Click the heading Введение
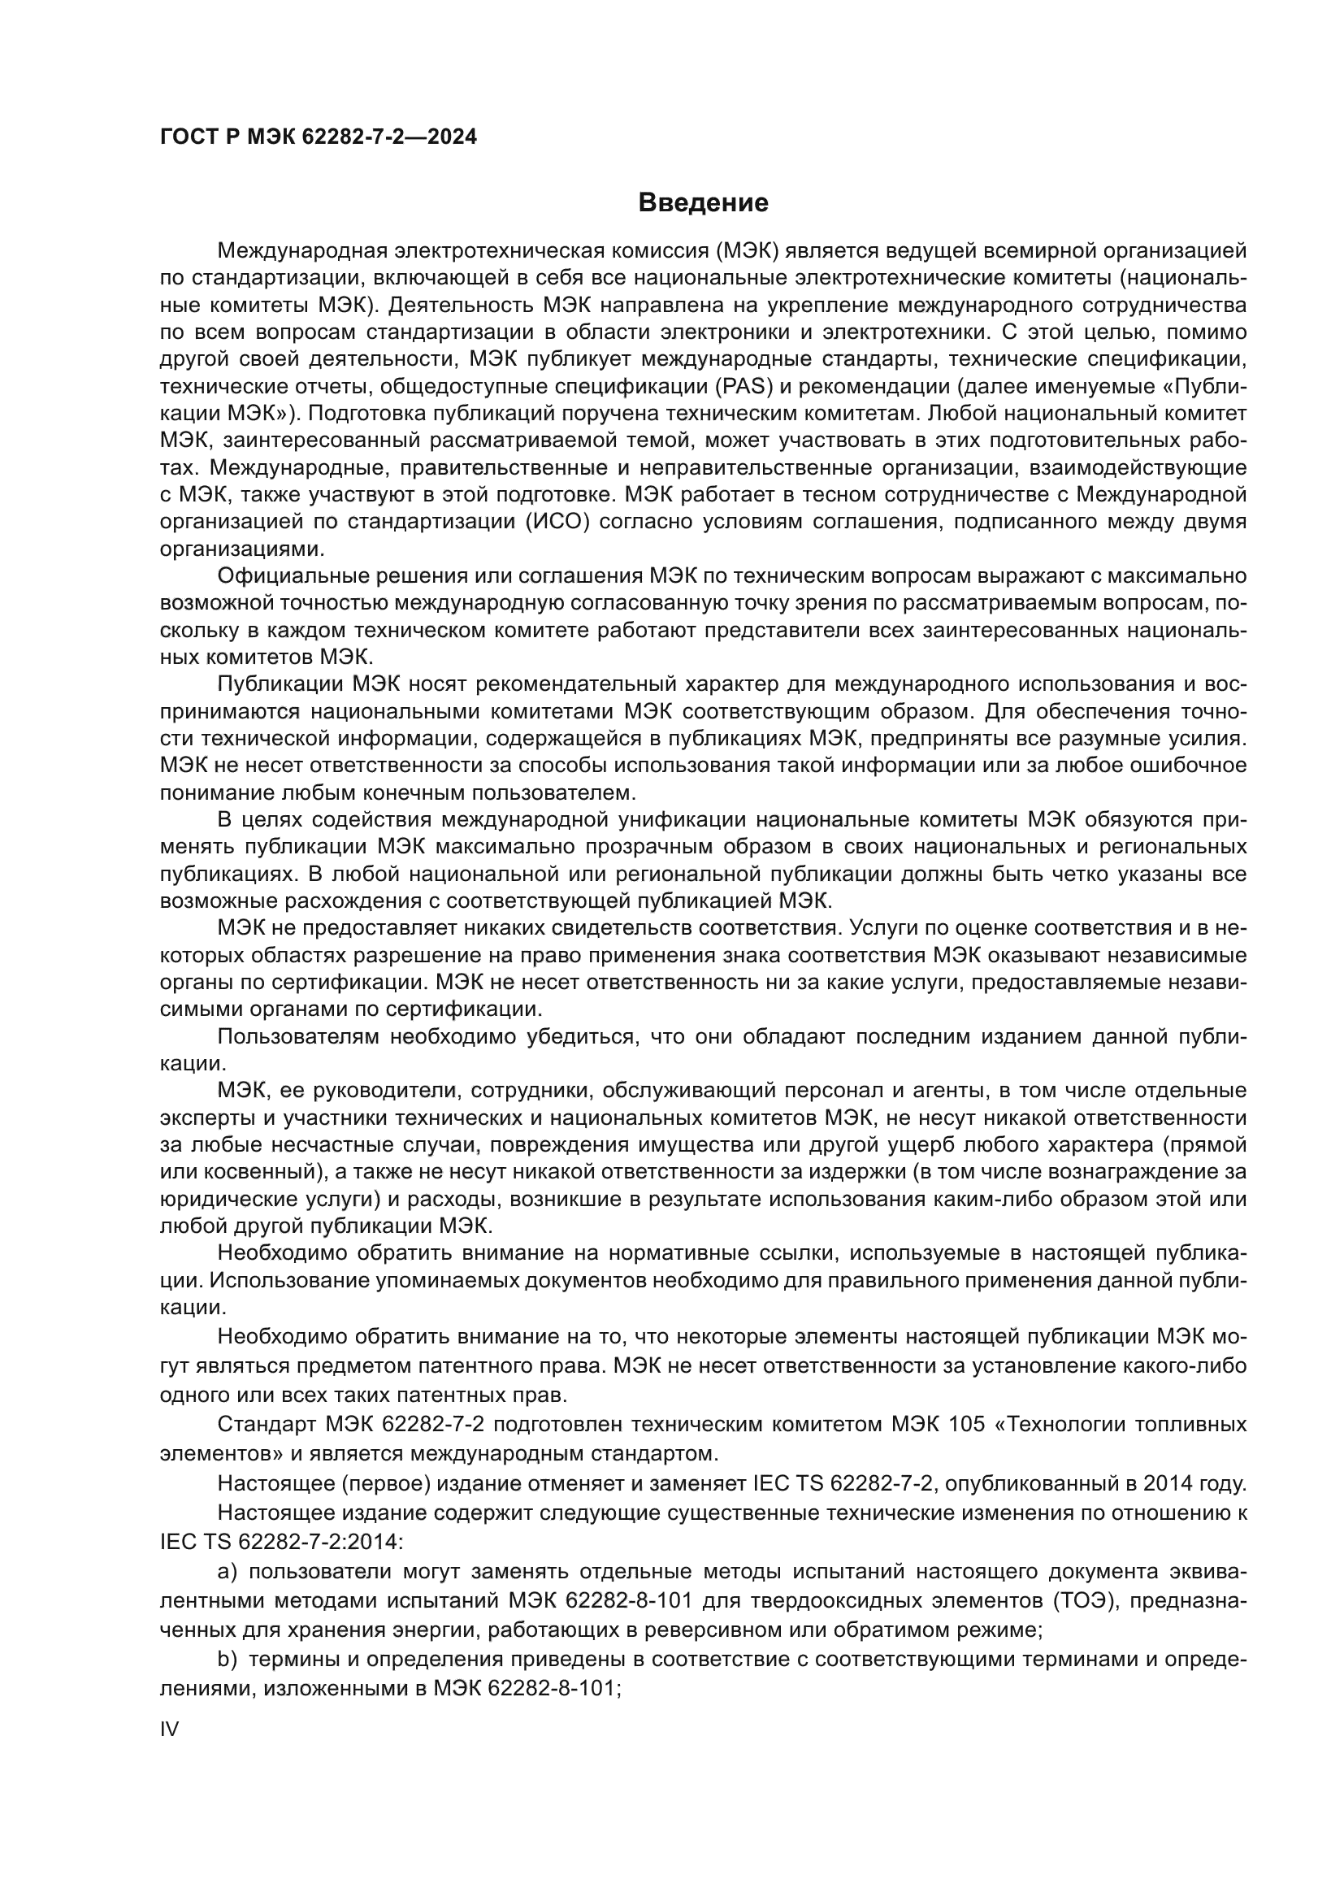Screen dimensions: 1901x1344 pyautogui.click(x=703, y=203)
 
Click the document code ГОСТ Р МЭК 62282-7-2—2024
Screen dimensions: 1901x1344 pyautogui.click(x=318, y=137)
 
